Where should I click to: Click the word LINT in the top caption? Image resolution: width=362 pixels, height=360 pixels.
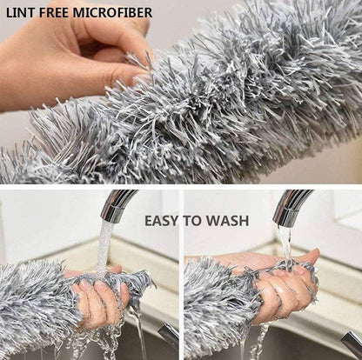[19, 12]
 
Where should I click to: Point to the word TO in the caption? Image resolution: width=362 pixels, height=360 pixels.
[193, 221]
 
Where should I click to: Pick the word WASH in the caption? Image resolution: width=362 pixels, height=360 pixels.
[227, 221]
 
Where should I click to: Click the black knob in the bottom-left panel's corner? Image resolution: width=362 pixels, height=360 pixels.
[169, 334]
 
